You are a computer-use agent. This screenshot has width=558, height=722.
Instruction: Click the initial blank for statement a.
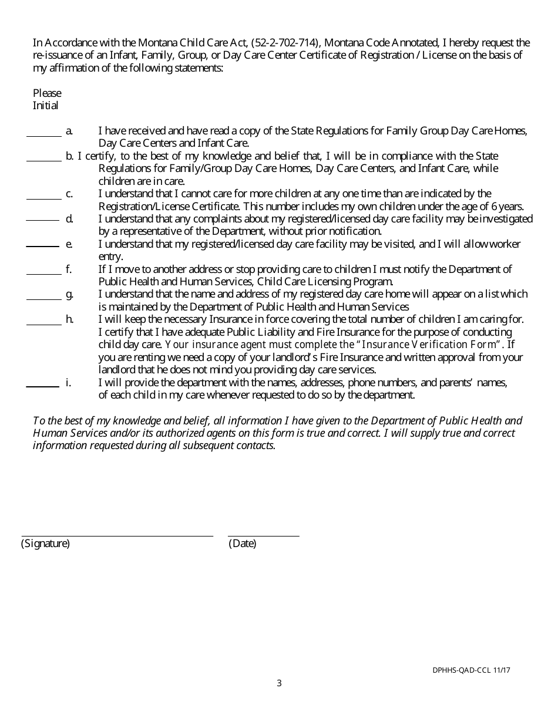pos(43,135)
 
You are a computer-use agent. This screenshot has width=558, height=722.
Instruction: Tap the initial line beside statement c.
pos(43,198)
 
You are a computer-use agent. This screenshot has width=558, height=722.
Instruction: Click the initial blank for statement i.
pos(42,386)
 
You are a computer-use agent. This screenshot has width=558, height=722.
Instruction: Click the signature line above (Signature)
pos(117,535)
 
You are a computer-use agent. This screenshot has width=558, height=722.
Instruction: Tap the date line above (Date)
pos(263,535)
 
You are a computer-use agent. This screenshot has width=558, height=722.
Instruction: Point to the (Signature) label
pos(45,544)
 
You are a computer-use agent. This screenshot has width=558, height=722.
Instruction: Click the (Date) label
pos(242,544)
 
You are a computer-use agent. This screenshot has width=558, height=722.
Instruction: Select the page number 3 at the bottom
pos(279,683)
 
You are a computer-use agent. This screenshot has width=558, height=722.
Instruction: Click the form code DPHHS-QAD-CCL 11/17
pos(471,670)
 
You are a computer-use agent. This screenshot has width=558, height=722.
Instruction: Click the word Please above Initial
pos(47,93)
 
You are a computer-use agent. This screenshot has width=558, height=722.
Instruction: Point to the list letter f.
pos(69,269)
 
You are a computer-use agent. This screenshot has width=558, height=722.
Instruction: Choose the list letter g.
pos(69,294)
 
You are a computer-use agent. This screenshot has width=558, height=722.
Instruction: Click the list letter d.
pos(69,218)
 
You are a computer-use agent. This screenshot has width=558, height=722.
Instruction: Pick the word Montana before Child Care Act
pos(156,43)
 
